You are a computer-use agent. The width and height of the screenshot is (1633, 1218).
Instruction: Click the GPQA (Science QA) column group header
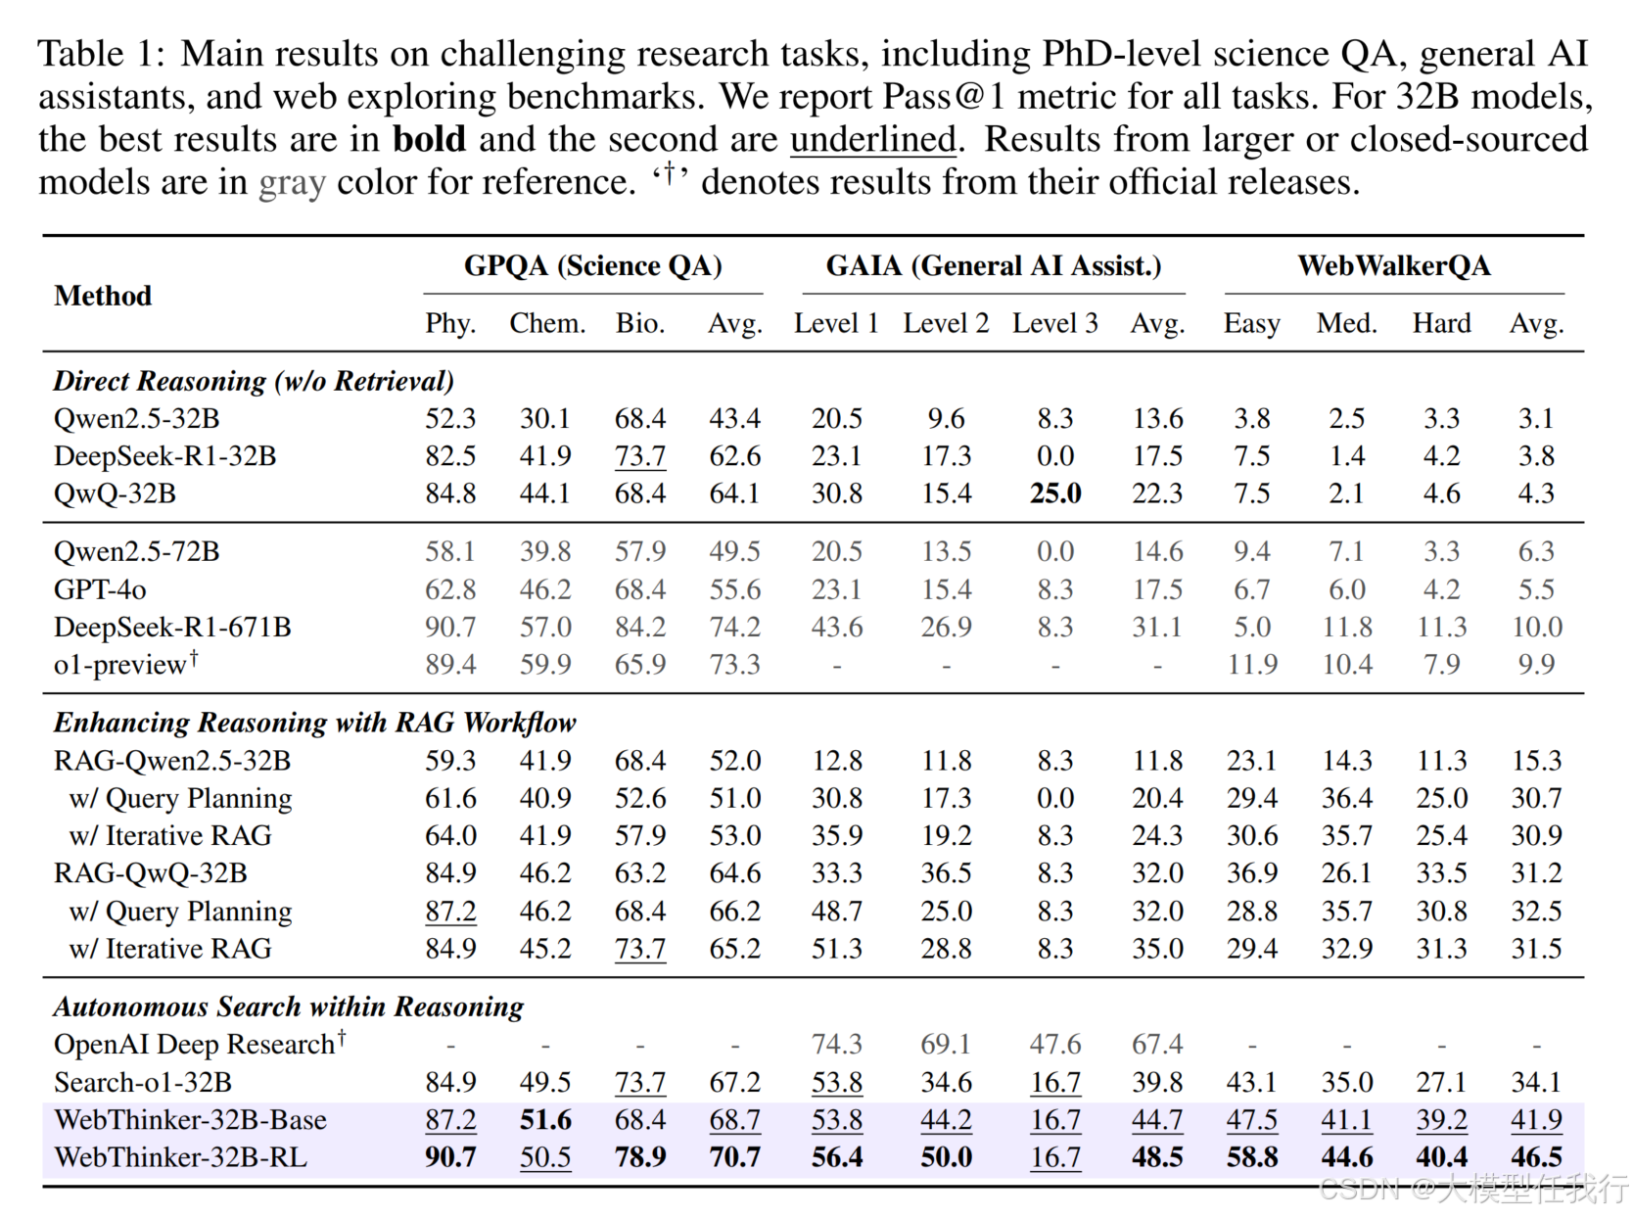592,266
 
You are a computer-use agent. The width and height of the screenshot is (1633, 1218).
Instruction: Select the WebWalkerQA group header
1393,266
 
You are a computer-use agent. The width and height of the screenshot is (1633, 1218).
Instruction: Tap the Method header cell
103,296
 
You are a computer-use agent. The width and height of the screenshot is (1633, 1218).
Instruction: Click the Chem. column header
546,323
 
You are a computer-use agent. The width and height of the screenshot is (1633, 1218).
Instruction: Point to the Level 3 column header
1054,323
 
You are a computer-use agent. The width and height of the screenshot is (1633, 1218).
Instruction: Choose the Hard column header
1440,323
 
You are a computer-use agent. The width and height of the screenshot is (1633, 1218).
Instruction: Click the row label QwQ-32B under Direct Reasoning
115,493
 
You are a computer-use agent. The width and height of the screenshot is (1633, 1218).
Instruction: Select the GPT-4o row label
100,589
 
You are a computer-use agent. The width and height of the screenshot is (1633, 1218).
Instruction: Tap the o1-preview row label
120,665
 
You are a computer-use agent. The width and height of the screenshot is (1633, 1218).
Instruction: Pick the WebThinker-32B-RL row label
180,1157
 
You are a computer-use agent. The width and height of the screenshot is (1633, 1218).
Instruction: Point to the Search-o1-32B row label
143,1082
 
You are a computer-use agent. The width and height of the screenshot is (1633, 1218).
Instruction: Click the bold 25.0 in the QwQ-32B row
1054,493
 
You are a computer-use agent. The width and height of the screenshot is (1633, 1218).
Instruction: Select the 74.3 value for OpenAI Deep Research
836,1045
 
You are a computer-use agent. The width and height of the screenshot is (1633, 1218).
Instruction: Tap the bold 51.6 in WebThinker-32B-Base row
545,1120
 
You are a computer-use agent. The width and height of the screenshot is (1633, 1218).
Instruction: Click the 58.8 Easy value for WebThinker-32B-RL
1251,1157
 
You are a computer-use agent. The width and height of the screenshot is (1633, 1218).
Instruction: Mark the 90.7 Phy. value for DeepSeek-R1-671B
450,628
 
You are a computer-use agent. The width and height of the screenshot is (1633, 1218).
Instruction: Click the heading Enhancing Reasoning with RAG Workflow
314,723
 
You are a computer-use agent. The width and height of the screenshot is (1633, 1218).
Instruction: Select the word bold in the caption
429,139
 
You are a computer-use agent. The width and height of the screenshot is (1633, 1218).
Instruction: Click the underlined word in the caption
872,139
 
